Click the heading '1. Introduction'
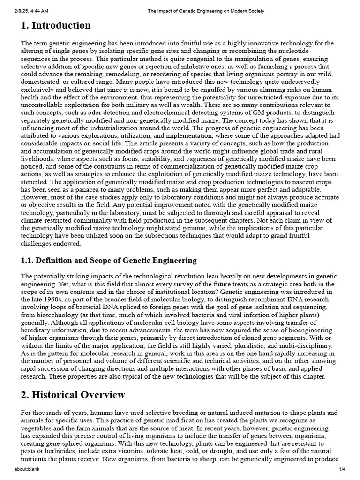tap(56, 25)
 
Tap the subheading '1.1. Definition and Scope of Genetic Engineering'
tap(109, 260)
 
